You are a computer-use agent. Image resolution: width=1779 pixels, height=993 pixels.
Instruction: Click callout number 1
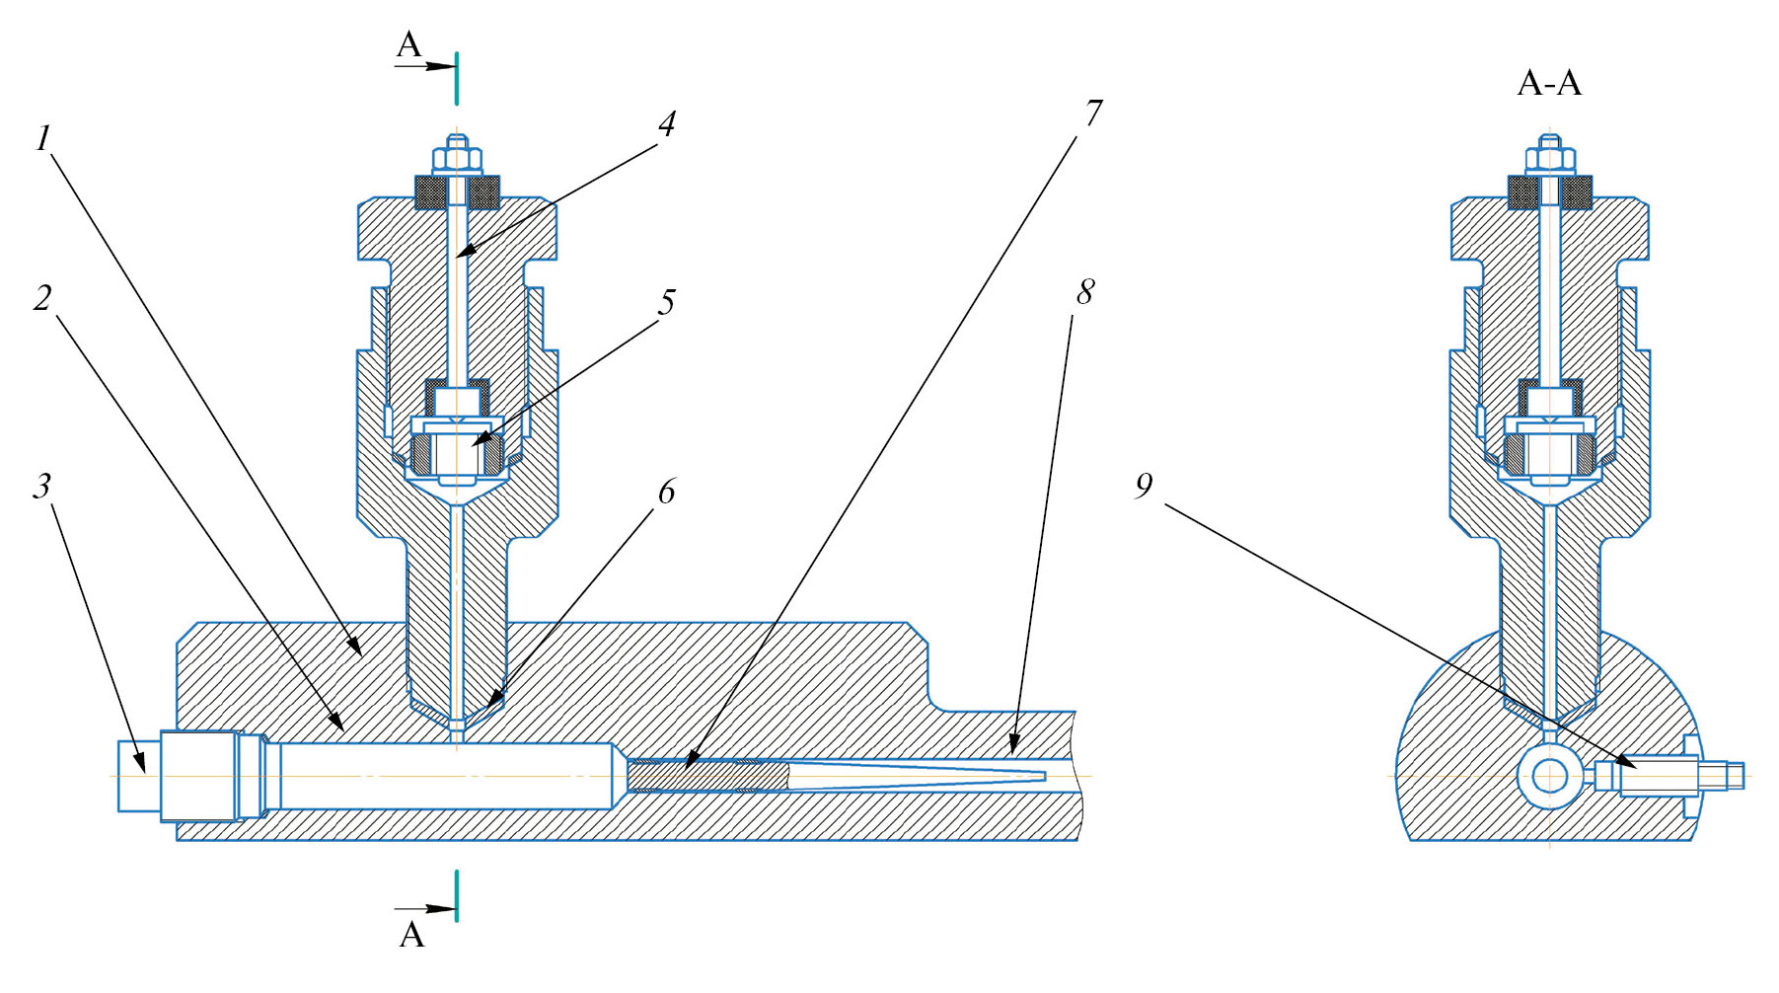pos(42,139)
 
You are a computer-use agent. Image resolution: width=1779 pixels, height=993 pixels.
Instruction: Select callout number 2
pos(42,297)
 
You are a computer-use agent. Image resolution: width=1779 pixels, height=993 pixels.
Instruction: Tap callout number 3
pos(42,486)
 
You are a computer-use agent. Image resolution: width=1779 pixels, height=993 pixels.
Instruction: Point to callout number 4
pos(667,124)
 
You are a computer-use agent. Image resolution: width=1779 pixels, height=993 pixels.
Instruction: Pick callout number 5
pos(667,302)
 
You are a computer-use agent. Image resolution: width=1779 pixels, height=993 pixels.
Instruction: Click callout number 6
pos(667,491)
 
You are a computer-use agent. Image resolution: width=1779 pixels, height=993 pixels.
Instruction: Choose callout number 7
pos(1092,114)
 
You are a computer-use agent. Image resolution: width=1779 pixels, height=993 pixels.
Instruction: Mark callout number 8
pos(1084,292)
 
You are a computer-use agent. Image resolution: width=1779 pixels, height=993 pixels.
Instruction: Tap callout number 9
pos(1144,486)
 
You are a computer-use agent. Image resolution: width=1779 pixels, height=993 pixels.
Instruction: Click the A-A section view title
pos(1548,84)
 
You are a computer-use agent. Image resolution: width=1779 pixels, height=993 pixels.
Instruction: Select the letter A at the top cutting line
pos(408,45)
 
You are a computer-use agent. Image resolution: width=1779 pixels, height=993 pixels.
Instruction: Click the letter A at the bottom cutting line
pos(411,934)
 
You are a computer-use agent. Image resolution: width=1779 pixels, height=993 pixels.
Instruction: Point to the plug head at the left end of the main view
pos(139,776)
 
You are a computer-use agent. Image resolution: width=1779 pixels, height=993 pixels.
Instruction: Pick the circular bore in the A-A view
pos(1549,776)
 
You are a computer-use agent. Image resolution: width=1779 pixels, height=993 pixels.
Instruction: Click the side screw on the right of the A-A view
pos(1668,776)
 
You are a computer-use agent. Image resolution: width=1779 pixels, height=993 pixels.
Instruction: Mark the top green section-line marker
pos(457,79)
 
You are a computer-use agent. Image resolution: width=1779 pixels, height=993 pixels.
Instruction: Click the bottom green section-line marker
pos(457,895)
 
